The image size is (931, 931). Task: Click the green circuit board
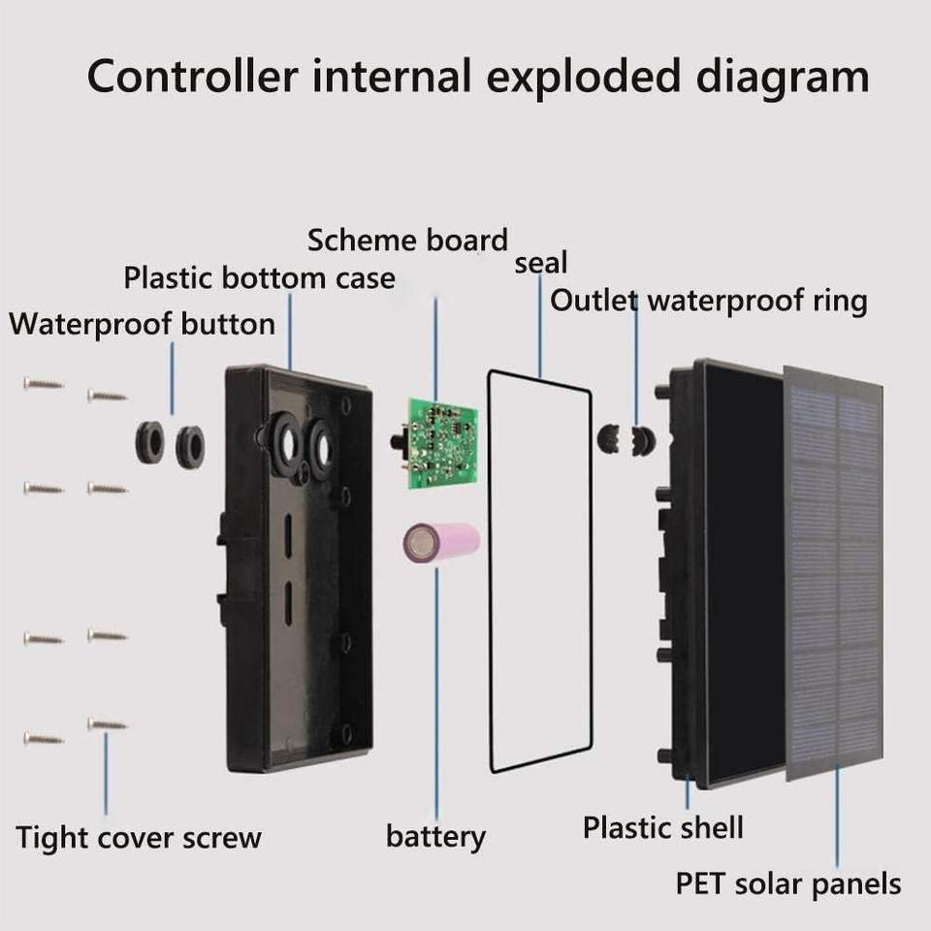click(442, 443)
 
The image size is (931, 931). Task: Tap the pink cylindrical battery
click(441, 543)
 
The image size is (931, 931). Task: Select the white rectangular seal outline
click(491, 570)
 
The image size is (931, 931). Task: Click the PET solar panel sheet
click(834, 573)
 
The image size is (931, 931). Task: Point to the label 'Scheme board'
click(407, 241)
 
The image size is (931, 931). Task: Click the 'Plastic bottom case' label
click(260, 278)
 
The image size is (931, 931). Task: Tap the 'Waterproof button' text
click(142, 324)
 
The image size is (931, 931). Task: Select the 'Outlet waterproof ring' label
click(708, 301)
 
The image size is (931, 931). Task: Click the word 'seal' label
click(540, 263)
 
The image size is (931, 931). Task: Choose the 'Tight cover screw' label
click(139, 838)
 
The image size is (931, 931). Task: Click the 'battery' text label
click(435, 837)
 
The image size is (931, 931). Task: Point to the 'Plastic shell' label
click(662, 827)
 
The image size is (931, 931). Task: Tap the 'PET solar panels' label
click(788, 883)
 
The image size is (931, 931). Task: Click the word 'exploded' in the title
click(583, 78)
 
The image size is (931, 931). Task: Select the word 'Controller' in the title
click(192, 77)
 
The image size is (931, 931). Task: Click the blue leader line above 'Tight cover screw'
click(107, 774)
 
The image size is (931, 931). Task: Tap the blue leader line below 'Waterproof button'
click(173, 378)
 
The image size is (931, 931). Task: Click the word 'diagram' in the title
click(784, 79)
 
